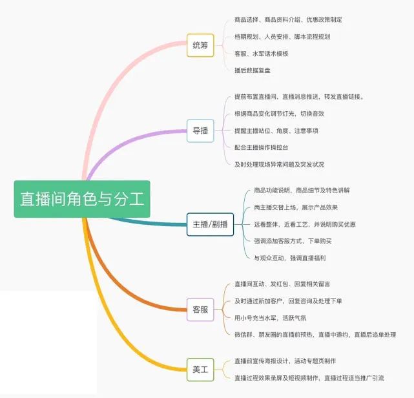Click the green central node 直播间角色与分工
click(82, 199)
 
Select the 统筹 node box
click(200, 45)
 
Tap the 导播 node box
click(200, 131)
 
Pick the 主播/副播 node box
click(210, 224)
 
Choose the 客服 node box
click(200, 309)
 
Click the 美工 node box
click(200, 370)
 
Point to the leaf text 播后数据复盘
click(253, 70)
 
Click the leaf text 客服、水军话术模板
click(262, 54)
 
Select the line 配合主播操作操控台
click(262, 147)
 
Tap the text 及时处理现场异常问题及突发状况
click(280, 165)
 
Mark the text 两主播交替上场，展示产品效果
click(296, 207)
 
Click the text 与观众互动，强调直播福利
click(290, 258)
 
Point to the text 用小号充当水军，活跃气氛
click(271, 318)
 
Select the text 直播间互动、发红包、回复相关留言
click(282, 284)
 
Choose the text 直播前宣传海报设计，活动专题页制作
click(285, 361)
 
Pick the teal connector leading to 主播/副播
click(148, 223)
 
